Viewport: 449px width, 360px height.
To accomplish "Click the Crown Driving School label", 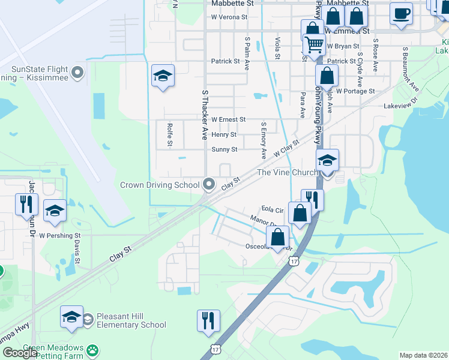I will [x=160, y=185].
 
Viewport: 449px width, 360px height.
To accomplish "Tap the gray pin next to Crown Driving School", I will [x=209, y=184].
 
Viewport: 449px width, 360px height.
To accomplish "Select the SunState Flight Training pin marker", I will [x=77, y=74].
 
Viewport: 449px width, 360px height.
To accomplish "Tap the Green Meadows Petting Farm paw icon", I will [x=92, y=350].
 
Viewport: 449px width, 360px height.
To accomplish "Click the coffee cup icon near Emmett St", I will [x=401, y=13].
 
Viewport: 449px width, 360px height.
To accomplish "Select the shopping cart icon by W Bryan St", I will [x=314, y=44].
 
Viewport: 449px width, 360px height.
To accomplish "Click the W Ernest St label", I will [x=228, y=120].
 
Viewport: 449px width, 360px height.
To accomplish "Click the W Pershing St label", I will [x=59, y=236].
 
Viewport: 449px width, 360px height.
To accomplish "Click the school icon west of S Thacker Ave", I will [x=162, y=76].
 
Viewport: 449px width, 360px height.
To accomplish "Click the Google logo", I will [x=20, y=353].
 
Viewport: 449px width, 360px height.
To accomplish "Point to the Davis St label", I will [x=77, y=252].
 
